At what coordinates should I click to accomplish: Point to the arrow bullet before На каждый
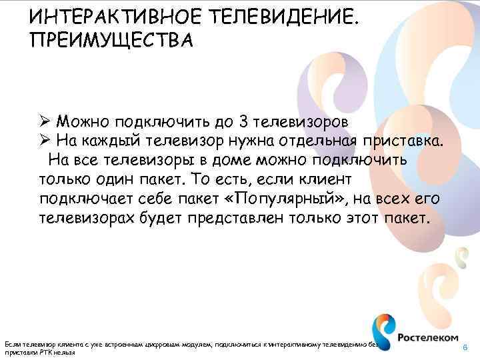(x=47, y=141)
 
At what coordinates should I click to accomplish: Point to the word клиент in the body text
(x=328, y=180)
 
